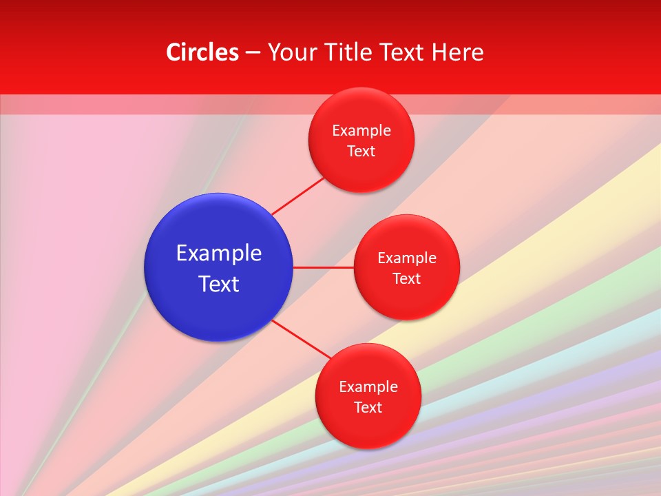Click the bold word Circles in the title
pos(202,52)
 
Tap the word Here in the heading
pos(457,52)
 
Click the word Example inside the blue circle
pos(219,254)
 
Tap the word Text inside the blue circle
pos(219,284)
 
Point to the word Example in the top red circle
pos(361,131)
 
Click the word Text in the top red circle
pos(361,152)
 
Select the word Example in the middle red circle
pos(407,258)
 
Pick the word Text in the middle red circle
pos(407,279)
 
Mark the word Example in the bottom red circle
pos(368,387)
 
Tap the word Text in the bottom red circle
pos(368,408)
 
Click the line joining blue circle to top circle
pos(297,196)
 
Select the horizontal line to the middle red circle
pos(323,267)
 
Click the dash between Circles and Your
pos(253,53)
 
